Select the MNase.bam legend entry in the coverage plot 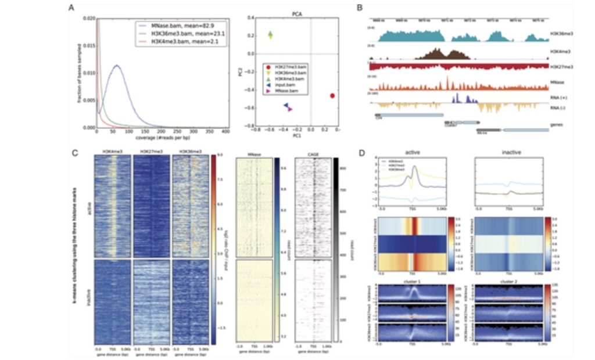(x=169, y=26)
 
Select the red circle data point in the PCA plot (x=332, y=95)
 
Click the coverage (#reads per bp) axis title (x=162, y=138)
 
